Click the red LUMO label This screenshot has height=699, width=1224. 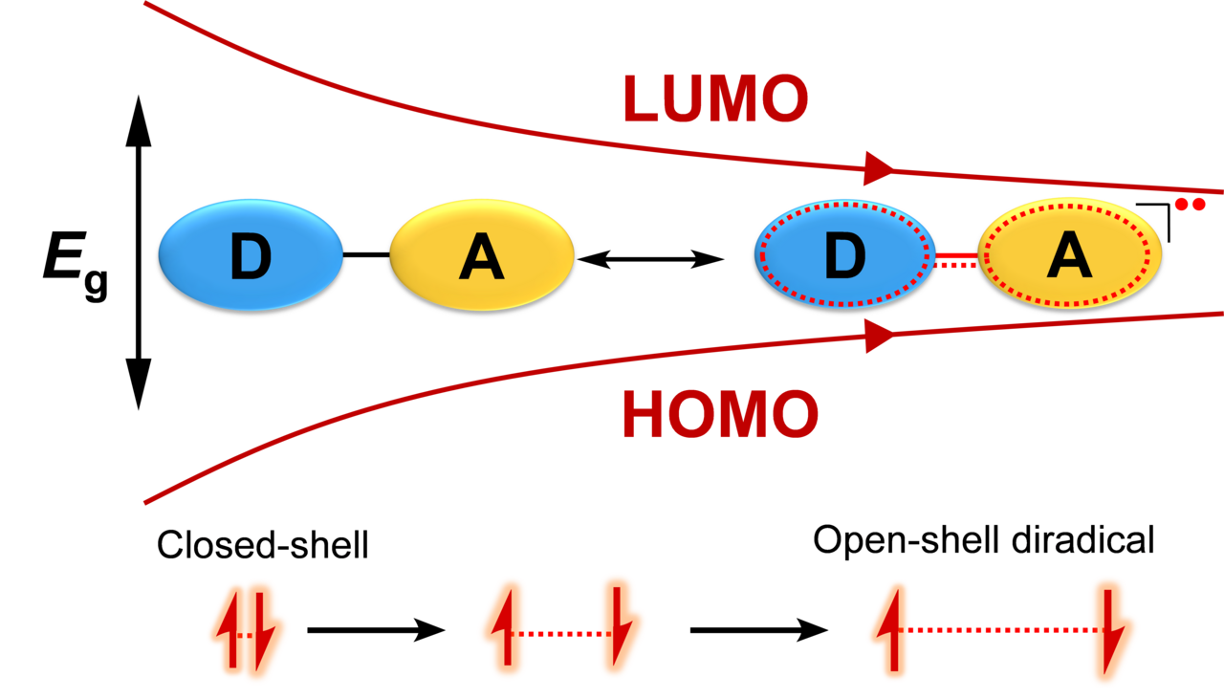[715, 98]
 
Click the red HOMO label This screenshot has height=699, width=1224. [720, 415]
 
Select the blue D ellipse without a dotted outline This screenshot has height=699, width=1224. [251, 255]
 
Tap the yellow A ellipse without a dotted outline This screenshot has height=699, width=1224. [481, 255]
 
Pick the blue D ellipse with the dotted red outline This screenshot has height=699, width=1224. [843, 254]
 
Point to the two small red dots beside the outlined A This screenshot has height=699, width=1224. [1190, 204]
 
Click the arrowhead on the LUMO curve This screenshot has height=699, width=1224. [878, 168]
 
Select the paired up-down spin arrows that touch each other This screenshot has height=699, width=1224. [249, 631]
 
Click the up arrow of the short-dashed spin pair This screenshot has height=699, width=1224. [504, 627]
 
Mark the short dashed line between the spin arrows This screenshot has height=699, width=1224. [562, 634]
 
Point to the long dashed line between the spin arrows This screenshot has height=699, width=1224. [1000, 630]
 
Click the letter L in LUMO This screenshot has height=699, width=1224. [642, 99]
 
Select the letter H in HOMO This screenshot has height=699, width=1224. [647, 415]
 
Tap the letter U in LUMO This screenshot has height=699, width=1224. [690, 99]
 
